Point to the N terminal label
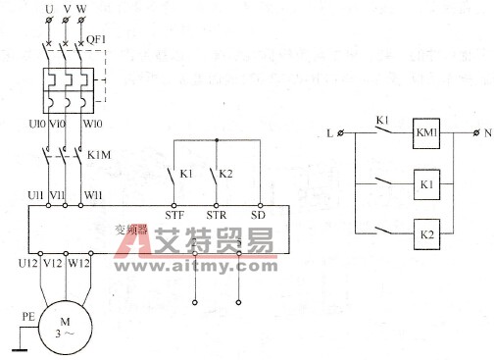487,132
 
